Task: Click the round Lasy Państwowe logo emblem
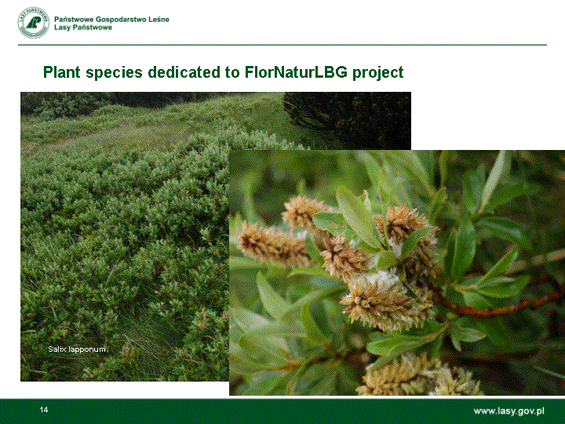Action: coord(34,22)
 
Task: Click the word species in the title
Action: coord(115,72)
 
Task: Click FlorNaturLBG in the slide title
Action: coord(296,71)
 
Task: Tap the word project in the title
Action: coord(378,72)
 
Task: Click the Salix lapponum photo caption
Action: coord(77,349)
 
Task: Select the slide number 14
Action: coord(44,410)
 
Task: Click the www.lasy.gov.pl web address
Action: coord(508,411)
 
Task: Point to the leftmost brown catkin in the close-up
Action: coord(273,244)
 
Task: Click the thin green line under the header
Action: coord(282,45)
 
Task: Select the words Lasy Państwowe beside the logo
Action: coord(83,27)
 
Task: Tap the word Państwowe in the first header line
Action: coord(74,20)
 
